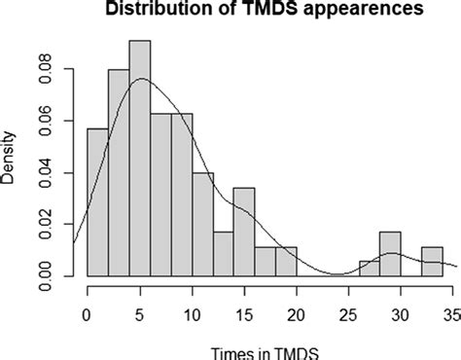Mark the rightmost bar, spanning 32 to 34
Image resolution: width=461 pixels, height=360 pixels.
(x=432, y=262)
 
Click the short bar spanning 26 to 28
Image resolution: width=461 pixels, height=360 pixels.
(x=369, y=269)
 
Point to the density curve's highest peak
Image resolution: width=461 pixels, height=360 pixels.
(x=141, y=79)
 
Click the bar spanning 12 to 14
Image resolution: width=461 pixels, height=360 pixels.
(x=223, y=254)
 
